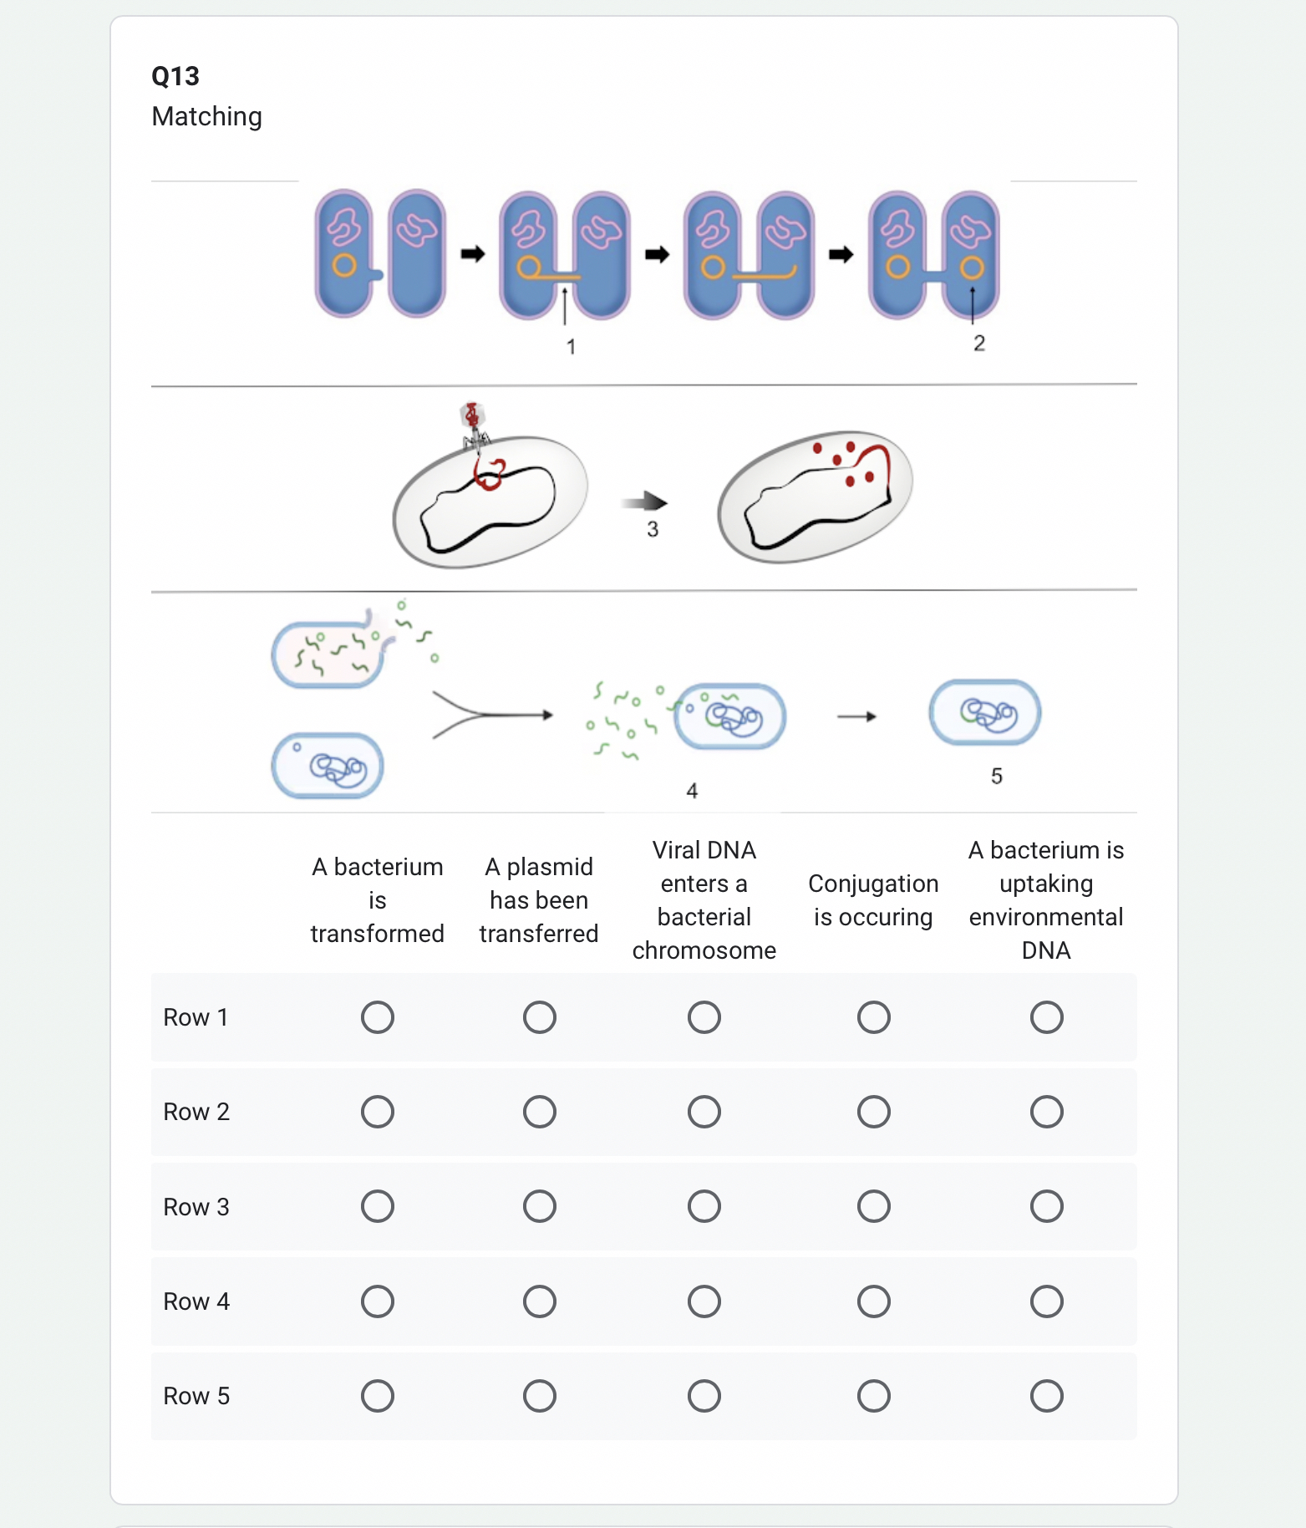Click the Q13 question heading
[175, 76]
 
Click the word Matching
[206, 116]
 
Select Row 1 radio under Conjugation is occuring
[873, 1017]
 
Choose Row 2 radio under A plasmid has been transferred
[539, 1112]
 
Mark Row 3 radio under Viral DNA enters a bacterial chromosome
[704, 1206]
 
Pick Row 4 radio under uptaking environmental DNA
[1046, 1301]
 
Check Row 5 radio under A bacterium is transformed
[377, 1396]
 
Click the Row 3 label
[196, 1207]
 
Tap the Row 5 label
[196, 1396]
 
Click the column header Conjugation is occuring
[873, 900]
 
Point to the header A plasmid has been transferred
[539, 900]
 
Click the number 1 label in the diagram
[571, 347]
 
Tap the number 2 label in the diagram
[979, 344]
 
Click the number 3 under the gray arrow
[653, 529]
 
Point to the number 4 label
[692, 791]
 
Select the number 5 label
[996, 777]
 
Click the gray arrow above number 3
[644, 502]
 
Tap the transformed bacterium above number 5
[985, 713]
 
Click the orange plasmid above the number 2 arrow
[971, 268]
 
